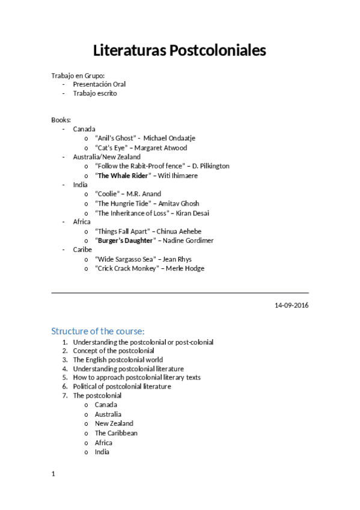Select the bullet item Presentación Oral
point(99,84)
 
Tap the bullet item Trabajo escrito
point(95,94)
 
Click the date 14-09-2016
point(291,306)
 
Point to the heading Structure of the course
point(98,331)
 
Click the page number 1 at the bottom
point(53,474)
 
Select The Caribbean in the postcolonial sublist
point(116,433)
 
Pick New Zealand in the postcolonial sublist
point(114,423)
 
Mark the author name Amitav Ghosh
point(178,204)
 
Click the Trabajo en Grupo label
point(78,75)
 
